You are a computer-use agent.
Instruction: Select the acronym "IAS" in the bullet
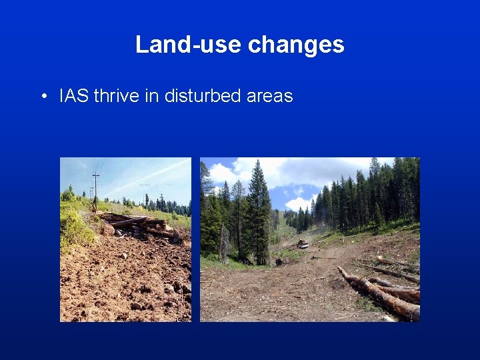coord(74,96)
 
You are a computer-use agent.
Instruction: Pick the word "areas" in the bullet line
coord(269,96)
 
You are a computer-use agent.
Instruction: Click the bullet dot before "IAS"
coord(43,97)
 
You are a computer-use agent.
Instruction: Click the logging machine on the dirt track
coord(302,244)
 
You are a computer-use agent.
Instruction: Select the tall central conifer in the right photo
coord(259,207)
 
